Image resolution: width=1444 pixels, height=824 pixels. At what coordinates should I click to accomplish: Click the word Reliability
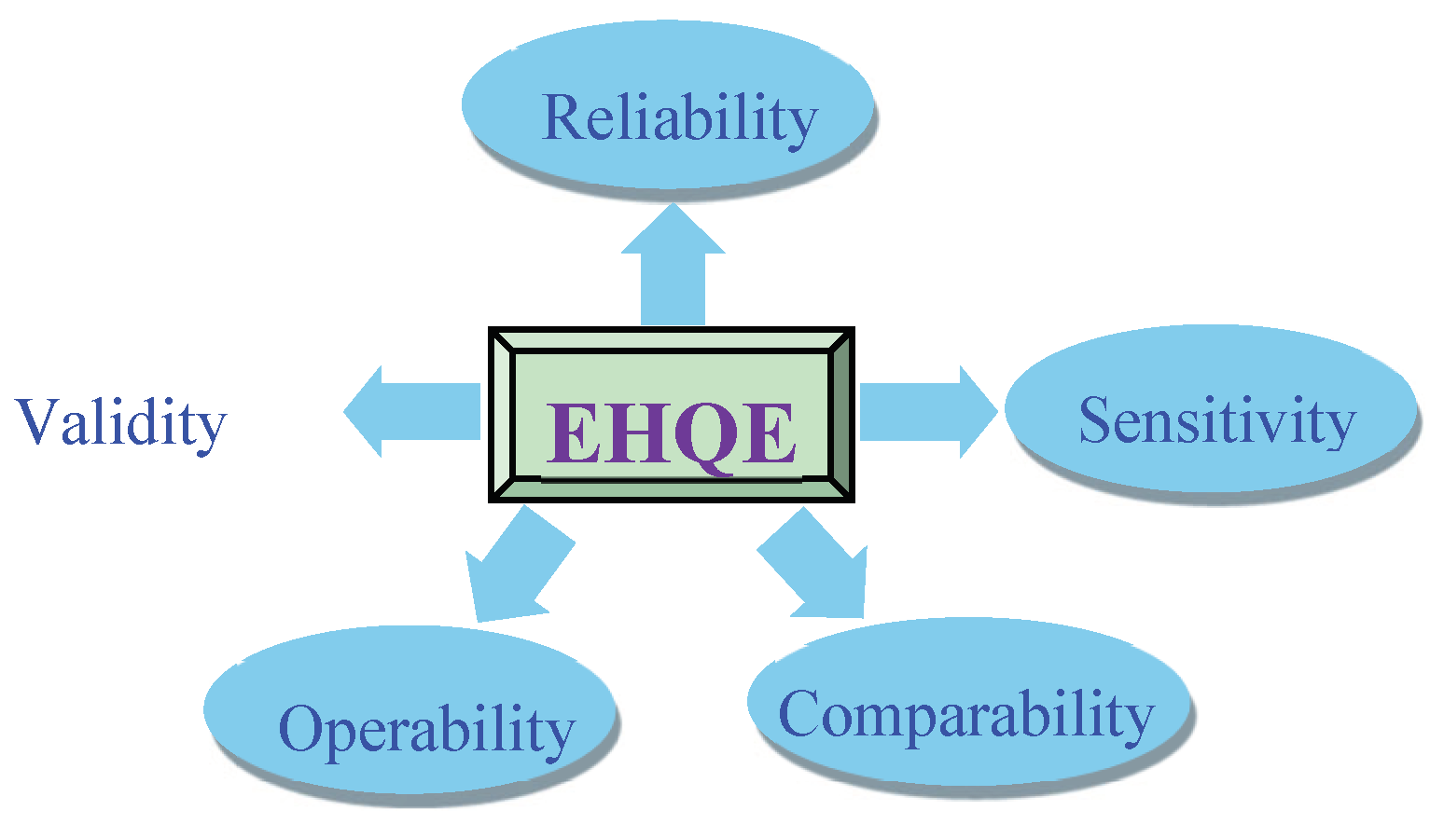point(679,118)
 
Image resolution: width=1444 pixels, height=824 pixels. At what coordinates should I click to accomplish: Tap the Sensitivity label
point(1216,420)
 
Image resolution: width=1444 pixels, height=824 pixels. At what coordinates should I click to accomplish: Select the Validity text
point(121,422)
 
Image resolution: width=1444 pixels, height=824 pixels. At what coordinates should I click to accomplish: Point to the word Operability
point(426,729)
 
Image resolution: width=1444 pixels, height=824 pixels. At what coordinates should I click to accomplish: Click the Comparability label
point(966,716)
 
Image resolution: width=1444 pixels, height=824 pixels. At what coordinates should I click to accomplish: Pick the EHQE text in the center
point(671,433)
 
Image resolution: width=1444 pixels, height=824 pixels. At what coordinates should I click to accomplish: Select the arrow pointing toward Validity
point(410,411)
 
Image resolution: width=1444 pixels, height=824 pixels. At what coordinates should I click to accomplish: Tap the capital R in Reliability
point(562,117)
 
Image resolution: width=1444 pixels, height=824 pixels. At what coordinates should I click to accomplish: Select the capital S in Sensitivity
point(1097,420)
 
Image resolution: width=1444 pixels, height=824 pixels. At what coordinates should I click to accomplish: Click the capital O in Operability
point(302,728)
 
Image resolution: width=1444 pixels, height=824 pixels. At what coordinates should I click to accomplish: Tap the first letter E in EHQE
point(571,433)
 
